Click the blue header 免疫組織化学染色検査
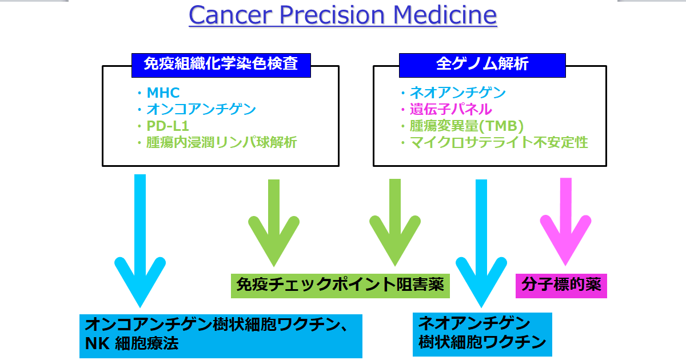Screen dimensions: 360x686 221,65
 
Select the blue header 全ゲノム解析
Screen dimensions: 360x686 482,65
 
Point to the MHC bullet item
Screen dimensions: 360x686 163,93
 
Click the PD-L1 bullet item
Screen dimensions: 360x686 167,126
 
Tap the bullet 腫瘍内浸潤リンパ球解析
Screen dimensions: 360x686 221,142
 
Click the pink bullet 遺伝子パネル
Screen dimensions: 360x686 450,109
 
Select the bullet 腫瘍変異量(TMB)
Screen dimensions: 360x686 466,126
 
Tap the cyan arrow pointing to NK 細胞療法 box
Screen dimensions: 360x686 140,240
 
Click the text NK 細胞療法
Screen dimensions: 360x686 131,344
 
